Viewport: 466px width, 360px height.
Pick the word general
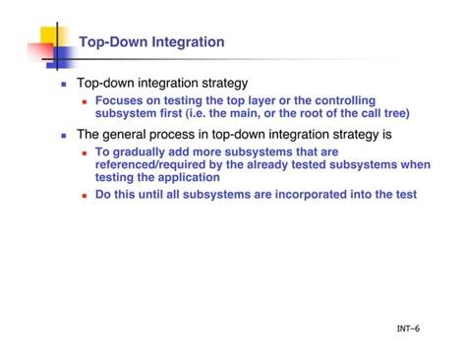130,134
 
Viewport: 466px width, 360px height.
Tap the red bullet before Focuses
85,101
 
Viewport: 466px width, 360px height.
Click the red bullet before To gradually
85,153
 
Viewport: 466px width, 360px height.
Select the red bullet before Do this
85,196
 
